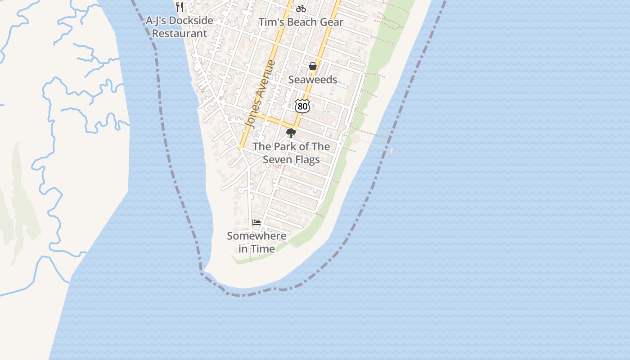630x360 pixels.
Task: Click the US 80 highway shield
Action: pyautogui.click(x=302, y=106)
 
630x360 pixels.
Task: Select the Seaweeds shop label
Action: pyautogui.click(x=312, y=80)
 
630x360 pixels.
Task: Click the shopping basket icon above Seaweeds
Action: pyautogui.click(x=313, y=67)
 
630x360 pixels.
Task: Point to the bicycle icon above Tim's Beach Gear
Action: pyautogui.click(x=301, y=9)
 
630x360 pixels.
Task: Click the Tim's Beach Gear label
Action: pyautogui.click(x=301, y=22)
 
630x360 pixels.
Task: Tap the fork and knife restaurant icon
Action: pyautogui.click(x=180, y=7)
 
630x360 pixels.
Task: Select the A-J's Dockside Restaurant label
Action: pyautogui.click(x=180, y=27)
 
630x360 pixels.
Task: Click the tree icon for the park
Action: pyautogui.click(x=291, y=133)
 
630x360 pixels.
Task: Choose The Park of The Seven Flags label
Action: pyautogui.click(x=291, y=153)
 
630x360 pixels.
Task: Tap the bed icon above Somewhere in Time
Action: pyautogui.click(x=256, y=223)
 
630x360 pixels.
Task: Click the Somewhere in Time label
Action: pyautogui.click(x=256, y=242)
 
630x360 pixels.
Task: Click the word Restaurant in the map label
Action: pyautogui.click(x=180, y=33)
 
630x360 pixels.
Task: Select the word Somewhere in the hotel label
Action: pyautogui.click(x=256, y=236)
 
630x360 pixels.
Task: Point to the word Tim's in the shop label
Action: pyautogui.click(x=269, y=22)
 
